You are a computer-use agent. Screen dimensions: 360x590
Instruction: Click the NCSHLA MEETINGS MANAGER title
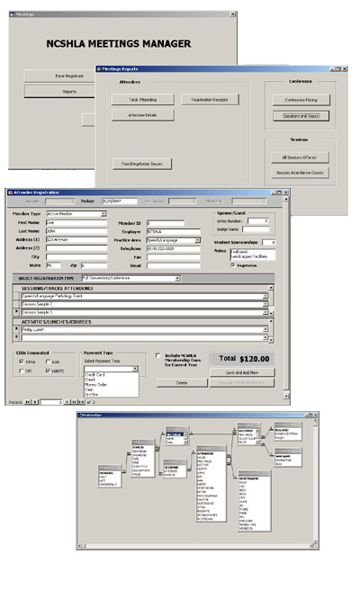[119, 42]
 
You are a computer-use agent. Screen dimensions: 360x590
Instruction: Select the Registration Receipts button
[208, 100]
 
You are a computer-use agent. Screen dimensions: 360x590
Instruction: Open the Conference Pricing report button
[301, 99]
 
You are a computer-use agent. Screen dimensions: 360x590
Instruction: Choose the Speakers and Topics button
[301, 115]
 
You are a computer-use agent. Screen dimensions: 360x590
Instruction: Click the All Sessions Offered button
[301, 156]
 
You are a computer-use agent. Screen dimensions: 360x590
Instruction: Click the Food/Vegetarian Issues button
[143, 164]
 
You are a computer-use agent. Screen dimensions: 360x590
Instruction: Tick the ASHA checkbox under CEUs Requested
[22, 361]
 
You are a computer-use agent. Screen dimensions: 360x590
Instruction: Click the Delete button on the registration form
[180, 382]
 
